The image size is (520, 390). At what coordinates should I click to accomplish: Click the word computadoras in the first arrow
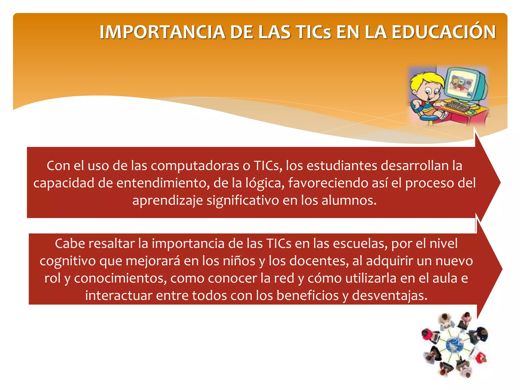coord(195,166)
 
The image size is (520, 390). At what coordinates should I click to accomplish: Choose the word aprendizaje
coord(168,201)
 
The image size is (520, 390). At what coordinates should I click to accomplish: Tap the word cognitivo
coord(68,261)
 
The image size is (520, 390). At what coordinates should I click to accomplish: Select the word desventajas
coord(390,296)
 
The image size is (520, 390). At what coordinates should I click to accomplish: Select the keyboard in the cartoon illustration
coord(457,106)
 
